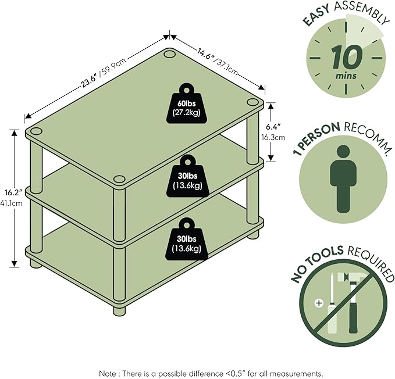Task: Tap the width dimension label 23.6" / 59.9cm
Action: [104, 73]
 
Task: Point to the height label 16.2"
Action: [14, 193]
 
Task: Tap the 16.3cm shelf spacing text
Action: [273, 138]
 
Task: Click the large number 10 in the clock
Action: [347, 58]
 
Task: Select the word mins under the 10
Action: [346, 76]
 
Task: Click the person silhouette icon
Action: [343, 179]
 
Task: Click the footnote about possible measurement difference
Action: [211, 373]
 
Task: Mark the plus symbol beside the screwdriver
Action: [319, 303]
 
